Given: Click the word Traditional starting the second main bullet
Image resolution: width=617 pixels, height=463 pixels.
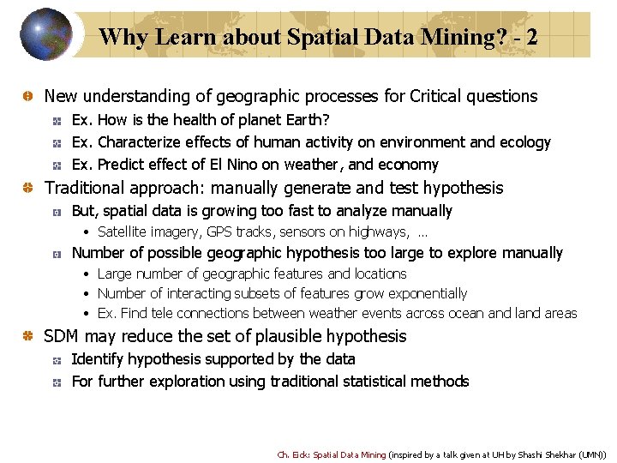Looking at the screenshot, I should pos(83,188).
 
